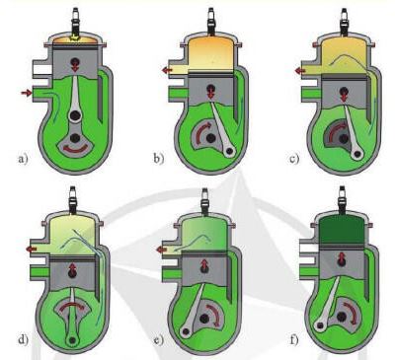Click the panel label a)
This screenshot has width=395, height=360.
pyautogui.click(x=23, y=160)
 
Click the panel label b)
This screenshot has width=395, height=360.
pyautogui.click(x=158, y=159)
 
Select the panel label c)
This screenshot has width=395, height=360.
pyautogui.click(x=294, y=159)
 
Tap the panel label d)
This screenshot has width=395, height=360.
pyautogui.click(x=23, y=339)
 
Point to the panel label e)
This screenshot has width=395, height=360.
pyautogui.click(x=159, y=339)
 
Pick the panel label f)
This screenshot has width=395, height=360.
pyautogui.click(x=294, y=339)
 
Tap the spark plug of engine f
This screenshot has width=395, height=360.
pyautogui.click(x=343, y=199)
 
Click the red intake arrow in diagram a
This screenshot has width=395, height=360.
pyautogui.click(x=26, y=93)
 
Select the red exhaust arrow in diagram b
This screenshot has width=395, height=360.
pyautogui.click(x=167, y=70)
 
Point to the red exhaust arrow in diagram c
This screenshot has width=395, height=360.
pyautogui.click(x=300, y=71)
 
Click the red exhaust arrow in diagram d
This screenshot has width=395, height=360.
pyautogui.click(x=32, y=249)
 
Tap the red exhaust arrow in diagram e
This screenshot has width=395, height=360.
pyautogui.click(x=161, y=250)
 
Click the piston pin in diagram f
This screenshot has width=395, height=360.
pyautogui.click(x=342, y=260)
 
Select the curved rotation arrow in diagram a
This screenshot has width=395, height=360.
pyautogui.click(x=75, y=149)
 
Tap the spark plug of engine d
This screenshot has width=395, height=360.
pyautogui.click(x=73, y=199)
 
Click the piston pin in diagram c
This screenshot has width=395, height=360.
pyautogui.click(x=344, y=92)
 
